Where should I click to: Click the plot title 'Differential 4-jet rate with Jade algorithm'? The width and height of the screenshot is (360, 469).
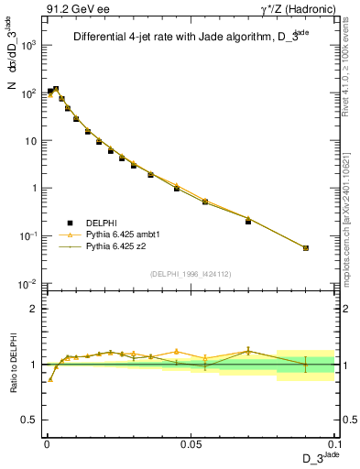point(186,38)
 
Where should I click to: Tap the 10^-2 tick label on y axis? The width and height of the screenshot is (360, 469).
point(27,284)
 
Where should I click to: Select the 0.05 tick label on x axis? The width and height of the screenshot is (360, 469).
point(191,443)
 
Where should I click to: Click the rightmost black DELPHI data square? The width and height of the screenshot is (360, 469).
point(306,247)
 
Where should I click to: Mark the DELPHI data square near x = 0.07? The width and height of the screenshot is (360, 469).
point(248,221)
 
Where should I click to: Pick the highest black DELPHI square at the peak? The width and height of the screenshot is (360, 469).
point(56,89)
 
